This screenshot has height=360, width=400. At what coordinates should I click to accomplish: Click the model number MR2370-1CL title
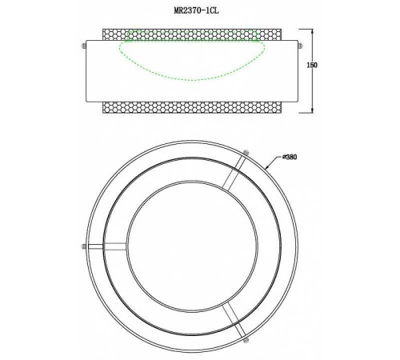pyautogui.click(x=197, y=10)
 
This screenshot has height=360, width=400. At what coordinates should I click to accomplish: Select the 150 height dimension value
pyautogui.click(x=312, y=65)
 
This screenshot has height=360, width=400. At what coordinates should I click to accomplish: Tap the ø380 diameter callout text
pyautogui.click(x=290, y=157)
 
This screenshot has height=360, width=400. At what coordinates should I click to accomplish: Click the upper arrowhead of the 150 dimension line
pyautogui.click(x=312, y=31)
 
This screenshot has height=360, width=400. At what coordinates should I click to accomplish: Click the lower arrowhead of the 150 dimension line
pyautogui.click(x=312, y=110)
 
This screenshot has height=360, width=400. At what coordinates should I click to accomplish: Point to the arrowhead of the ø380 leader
pyautogui.click(x=266, y=167)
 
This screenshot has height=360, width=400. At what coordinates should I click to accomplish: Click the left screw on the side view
pyautogui.click(x=84, y=46)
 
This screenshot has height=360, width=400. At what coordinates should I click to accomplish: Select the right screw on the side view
pyautogui.click(x=300, y=46)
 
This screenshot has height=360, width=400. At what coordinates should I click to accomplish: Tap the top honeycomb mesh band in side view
pyautogui.click(x=192, y=34)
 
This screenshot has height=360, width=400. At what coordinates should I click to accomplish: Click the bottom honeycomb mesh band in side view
pyautogui.click(x=192, y=107)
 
